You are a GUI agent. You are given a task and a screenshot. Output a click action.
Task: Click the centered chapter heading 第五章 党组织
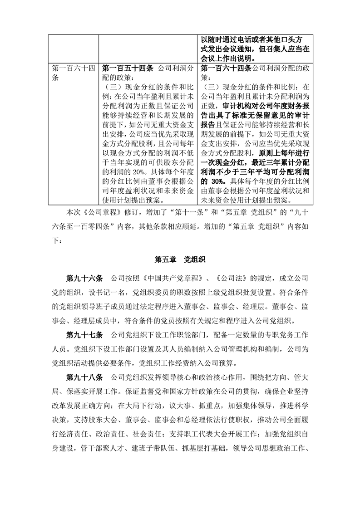click(180, 260)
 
